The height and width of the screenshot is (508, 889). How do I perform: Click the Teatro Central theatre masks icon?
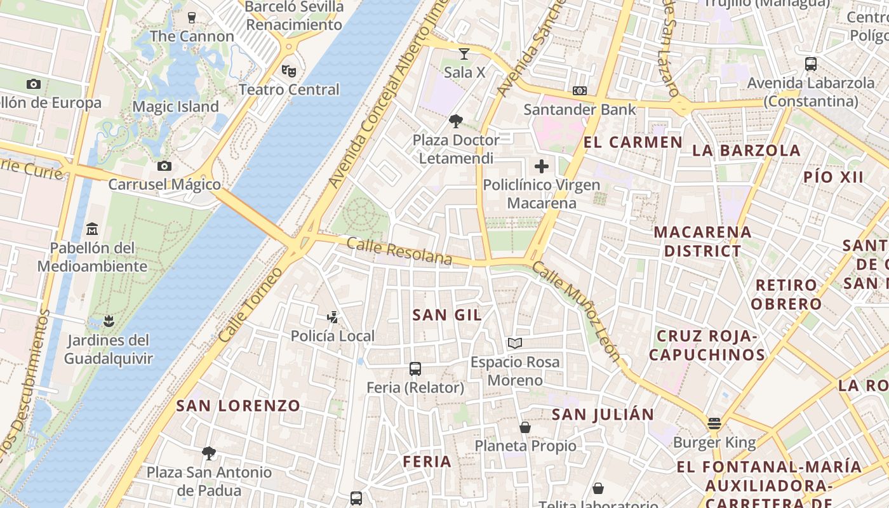[289, 70]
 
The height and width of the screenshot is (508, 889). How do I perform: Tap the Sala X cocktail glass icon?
[464, 54]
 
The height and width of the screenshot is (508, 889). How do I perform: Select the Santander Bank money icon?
[580, 91]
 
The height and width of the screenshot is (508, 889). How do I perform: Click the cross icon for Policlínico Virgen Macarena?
[542, 166]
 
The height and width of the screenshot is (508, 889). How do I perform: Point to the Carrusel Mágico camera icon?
[164, 166]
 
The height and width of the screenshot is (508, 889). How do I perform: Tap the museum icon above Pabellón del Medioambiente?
[92, 228]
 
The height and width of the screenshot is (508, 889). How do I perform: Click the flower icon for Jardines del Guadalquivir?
[109, 321]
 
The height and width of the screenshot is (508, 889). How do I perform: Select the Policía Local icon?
[332, 317]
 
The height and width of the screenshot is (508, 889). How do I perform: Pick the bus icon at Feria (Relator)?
[415, 368]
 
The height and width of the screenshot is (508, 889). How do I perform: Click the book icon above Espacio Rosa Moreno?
[515, 344]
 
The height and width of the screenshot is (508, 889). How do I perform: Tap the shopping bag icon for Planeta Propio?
[525, 427]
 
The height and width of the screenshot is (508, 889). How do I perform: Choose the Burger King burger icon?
[714, 424]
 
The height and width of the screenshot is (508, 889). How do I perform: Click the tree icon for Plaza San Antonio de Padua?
[208, 453]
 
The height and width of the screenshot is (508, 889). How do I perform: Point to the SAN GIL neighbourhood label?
[447, 314]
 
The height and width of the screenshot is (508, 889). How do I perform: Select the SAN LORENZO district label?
[238, 406]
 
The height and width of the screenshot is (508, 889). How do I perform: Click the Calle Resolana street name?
[399, 252]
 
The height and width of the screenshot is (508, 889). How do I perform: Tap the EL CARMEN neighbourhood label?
[633, 142]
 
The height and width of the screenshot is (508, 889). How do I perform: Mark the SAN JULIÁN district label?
[603, 415]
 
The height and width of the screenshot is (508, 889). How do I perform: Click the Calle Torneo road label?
[251, 305]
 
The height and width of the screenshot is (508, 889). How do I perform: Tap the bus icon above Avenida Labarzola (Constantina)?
[811, 64]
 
